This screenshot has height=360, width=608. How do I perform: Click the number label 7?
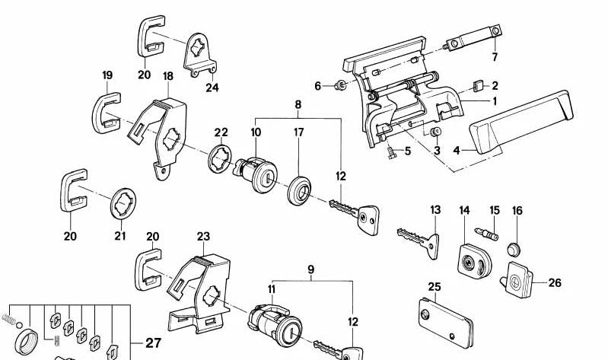494,58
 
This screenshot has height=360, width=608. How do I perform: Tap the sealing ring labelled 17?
298,188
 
